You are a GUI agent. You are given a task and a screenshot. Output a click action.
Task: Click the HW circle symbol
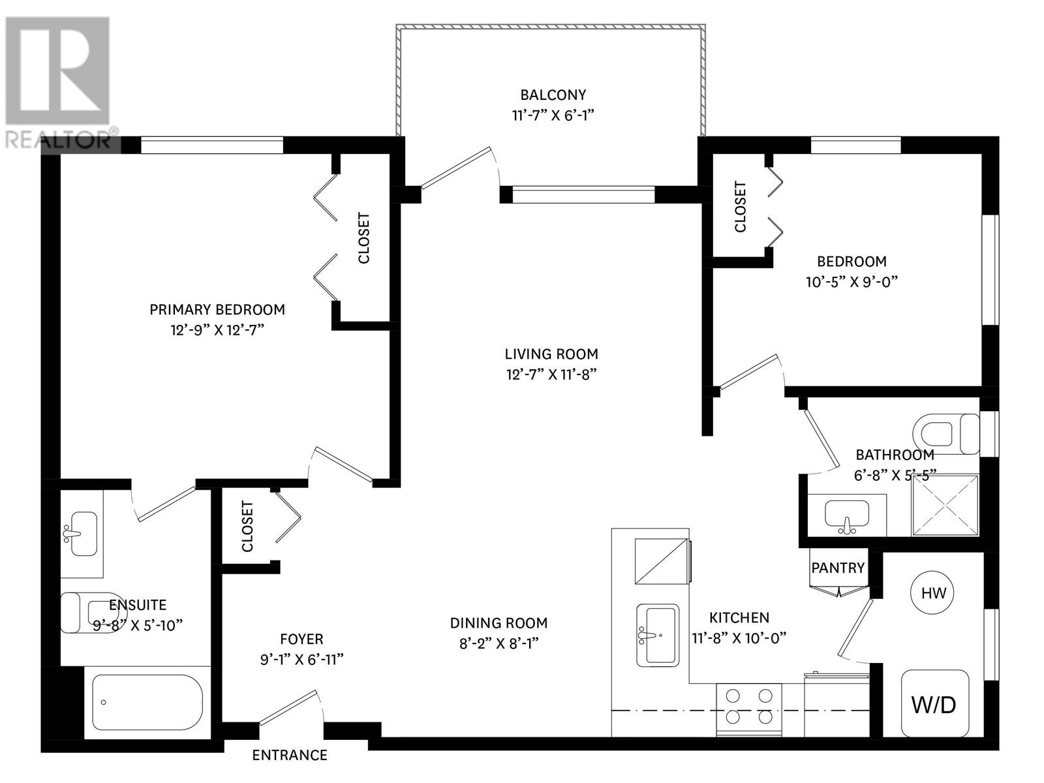click(932, 592)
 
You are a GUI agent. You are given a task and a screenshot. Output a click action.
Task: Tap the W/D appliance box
click(934, 703)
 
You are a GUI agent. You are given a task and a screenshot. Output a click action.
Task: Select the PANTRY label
click(838, 568)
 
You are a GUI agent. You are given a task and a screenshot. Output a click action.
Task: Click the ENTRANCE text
click(290, 755)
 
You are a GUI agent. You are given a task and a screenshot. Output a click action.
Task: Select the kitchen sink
click(657, 634)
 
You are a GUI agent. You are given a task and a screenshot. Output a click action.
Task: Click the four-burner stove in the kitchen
click(749, 707)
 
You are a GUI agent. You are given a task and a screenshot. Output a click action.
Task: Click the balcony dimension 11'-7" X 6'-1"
click(553, 115)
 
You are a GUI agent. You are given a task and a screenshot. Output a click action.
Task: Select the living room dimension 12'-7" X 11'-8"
click(551, 375)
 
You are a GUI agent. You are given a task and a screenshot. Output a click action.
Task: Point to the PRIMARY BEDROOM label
click(217, 309)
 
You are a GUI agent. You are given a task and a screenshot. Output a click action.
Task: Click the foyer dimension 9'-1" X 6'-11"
click(301, 660)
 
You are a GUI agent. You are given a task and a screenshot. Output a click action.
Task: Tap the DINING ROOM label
click(499, 623)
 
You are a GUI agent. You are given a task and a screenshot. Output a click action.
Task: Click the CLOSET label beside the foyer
click(247, 526)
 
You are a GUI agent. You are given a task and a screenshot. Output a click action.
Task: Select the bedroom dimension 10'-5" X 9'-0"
click(852, 282)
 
